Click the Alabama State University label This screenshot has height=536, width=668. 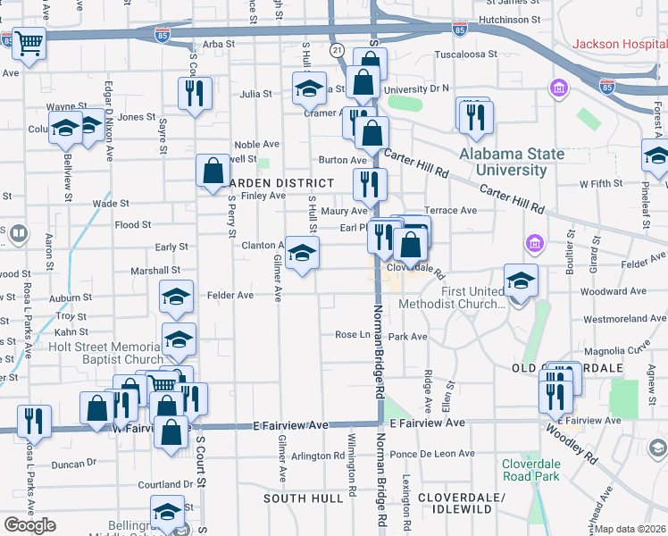click(512, 162)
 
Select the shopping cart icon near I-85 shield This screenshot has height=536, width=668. click(29, 42)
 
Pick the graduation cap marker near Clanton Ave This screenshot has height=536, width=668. click(302, 252)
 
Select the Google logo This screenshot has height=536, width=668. click(29, 524)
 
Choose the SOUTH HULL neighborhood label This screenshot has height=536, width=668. click(304, 498)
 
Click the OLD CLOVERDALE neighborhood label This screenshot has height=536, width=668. click(580, 368)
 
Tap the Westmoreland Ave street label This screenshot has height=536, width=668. click(624, 319)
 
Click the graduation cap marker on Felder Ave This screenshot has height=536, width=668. click(176, 297)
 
